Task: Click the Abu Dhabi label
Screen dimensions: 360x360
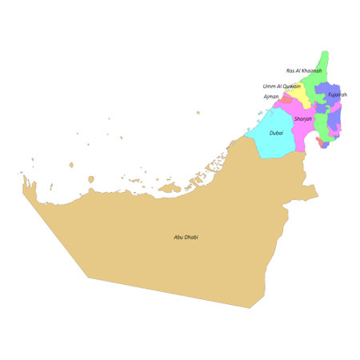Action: (186, 237)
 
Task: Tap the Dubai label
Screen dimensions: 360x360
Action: (276, 133)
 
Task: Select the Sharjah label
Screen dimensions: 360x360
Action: (302, 118)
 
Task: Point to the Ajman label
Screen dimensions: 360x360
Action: (271, 97)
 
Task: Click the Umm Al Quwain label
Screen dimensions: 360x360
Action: (282, 86)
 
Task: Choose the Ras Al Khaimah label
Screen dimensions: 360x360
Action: (304, 70)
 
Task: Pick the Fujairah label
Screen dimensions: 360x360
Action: (338, 94)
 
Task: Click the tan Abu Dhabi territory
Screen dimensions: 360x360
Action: (176, 256)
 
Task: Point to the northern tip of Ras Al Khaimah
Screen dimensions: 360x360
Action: (325, 53)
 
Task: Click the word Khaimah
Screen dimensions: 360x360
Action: (310, 70)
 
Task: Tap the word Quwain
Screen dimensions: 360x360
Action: (292, 86)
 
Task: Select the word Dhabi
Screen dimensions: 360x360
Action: (190, 237)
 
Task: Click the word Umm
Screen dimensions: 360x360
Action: (268, 86)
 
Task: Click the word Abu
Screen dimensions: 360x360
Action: (178, 237)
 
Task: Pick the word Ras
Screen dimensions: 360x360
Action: (290, 70)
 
